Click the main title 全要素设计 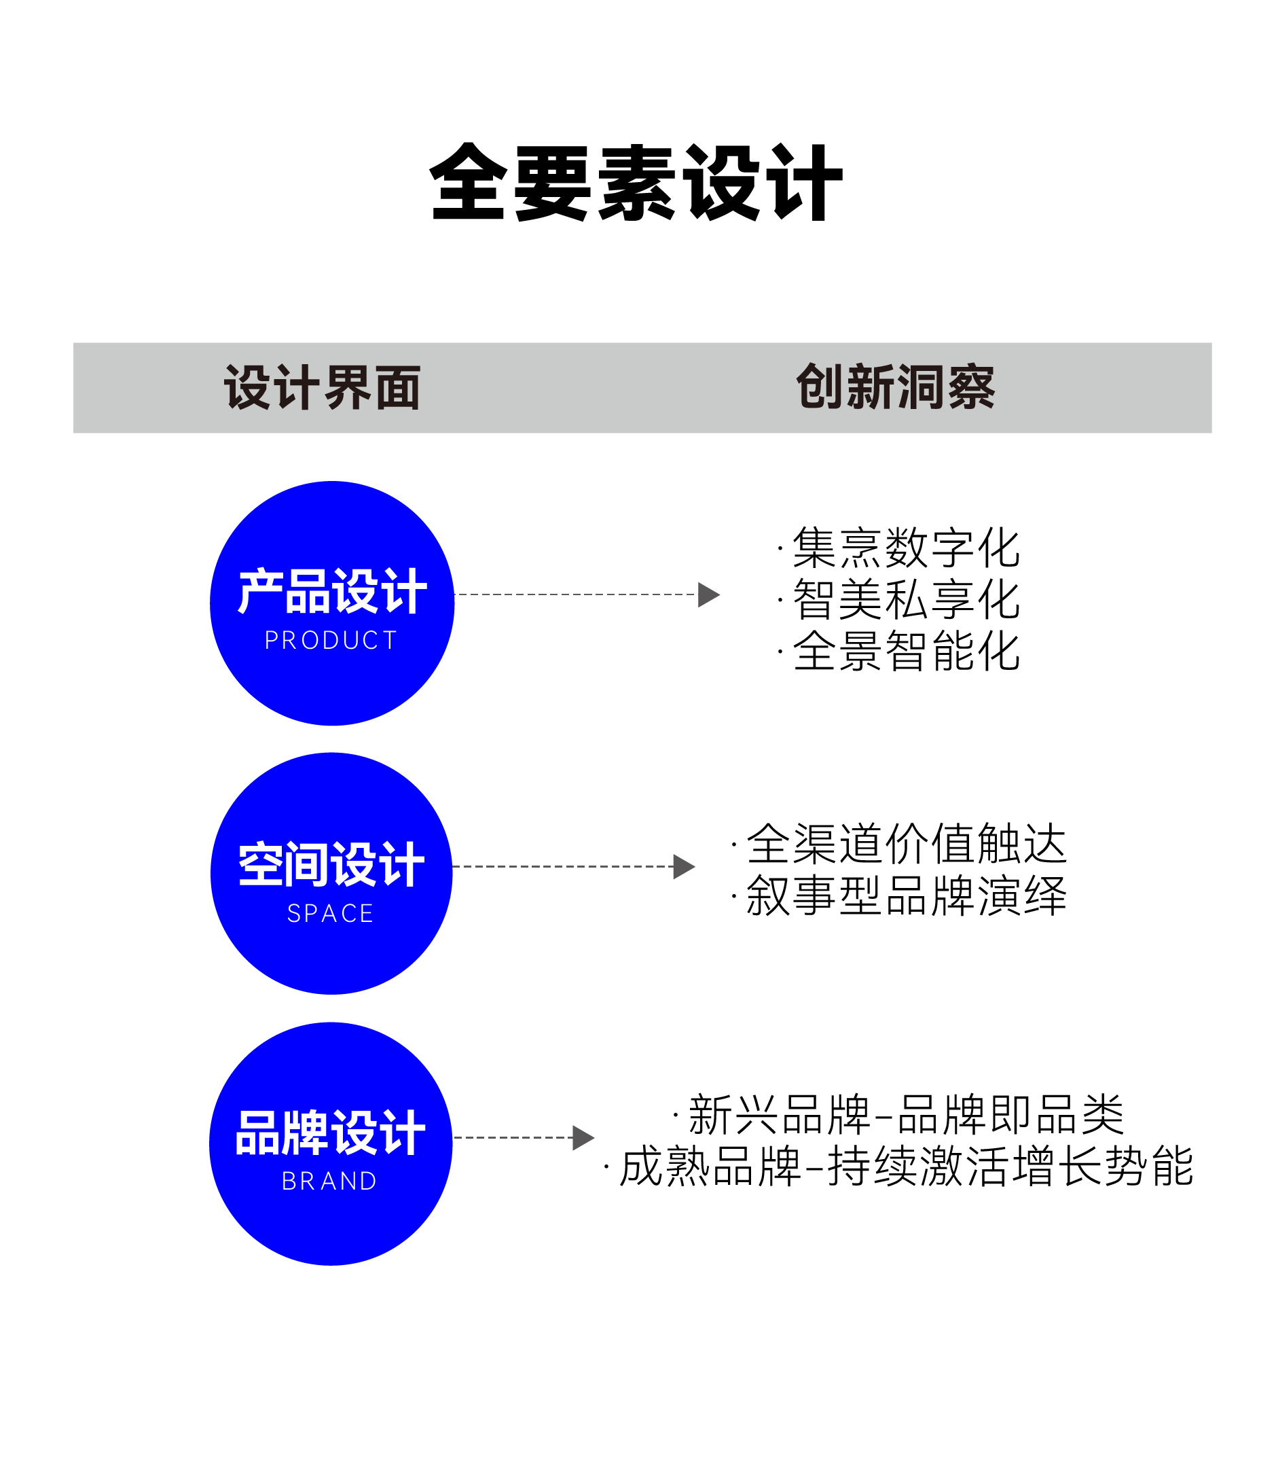click(x=636, y=182)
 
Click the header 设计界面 click(x=323, y=387)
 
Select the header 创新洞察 click(x=895, y=387)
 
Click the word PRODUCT click(x=331, y=640)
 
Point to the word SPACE click(x=331, y=913)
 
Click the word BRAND click(x=329, y=1181)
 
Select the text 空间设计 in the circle click(x=331, y=865)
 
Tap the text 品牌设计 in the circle click(x=331, y=1133)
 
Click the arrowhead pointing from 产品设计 click(x=708, y=594)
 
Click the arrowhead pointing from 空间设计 click(x=683, y=867)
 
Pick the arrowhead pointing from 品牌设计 click(x=583, y=1137)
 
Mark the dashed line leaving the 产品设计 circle click(x=575, y=594)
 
